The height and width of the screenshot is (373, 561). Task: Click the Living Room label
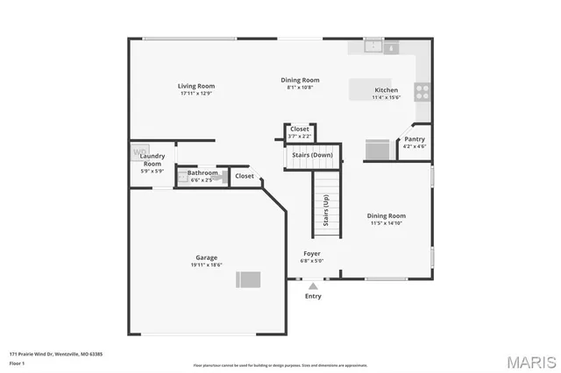point(196,86)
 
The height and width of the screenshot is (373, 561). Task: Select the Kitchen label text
point(386,90)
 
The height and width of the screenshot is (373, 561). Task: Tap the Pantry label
point(415,138)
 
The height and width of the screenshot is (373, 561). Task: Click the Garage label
point(206,257)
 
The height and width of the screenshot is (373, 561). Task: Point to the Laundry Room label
point(153,160)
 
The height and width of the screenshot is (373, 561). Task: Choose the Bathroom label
point(202,172)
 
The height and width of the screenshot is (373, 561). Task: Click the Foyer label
point(313,253)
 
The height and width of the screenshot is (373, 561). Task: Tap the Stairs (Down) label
point(313,154)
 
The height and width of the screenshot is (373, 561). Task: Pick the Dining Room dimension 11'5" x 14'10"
point(386,223)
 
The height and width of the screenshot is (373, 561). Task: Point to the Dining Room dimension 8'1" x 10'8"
point(300,88)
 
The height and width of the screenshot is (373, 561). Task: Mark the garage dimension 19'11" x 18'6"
point(206,264)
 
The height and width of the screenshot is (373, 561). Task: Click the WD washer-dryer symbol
point(139,152)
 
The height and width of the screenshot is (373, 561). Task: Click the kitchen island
point(368,90)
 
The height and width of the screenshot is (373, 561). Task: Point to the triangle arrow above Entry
point(313,285)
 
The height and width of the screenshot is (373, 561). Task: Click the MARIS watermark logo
point(529,361)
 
